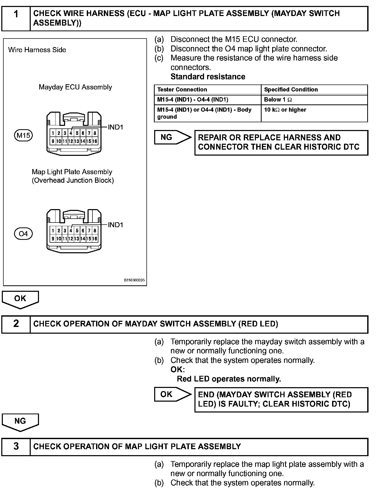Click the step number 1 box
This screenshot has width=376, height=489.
pos(16,19)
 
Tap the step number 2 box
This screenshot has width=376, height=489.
pos(16,324)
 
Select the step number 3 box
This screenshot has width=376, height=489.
pos(16,447)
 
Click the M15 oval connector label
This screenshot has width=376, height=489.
pos(23,135)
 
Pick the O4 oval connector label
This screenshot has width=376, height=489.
pos(23,234)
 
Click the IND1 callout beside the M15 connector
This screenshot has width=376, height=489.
pos(115,127)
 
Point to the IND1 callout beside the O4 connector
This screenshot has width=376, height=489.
pos(115,225)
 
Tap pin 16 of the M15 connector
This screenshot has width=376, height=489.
pos(95,141)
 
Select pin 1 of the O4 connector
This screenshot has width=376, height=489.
pos(53,231)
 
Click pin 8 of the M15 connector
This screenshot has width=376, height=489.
pos(95,133)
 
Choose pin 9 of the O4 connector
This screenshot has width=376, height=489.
pos(53,239)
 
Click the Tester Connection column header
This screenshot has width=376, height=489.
pos(182,90)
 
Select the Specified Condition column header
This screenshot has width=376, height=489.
pos(291,90)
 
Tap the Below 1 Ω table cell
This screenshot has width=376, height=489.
pos(278,100)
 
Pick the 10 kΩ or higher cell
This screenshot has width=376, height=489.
pos(285,110)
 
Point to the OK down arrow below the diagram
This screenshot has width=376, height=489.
pos(20,299)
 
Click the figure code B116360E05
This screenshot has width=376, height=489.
pos(134,280)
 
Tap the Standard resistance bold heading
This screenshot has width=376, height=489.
pos(208,77)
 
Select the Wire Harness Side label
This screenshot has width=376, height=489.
pos(37,50)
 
